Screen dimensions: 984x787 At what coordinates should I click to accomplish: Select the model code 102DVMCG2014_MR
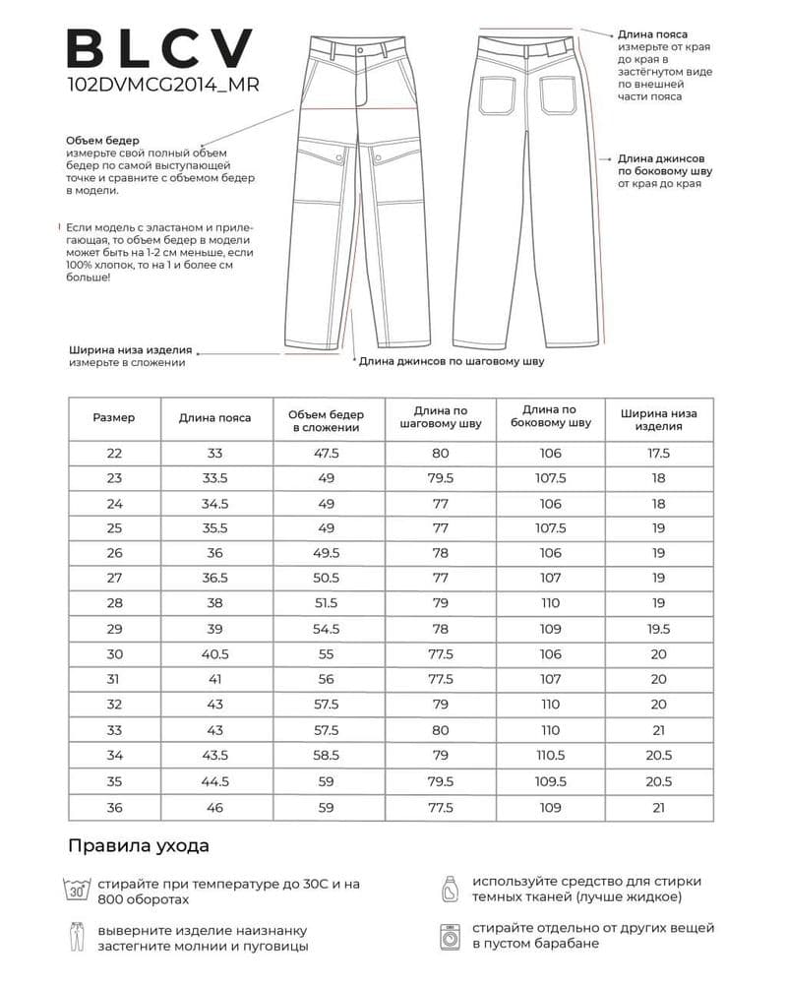[x=162, y=86]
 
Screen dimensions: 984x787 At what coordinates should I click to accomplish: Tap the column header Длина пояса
[x=214, y=417]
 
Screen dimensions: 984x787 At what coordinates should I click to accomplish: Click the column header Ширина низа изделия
[x=658, y=419]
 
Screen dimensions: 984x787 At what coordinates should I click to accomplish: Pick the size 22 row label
[x=114, y=454]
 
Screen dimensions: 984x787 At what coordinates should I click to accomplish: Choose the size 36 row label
[x=114, y=808]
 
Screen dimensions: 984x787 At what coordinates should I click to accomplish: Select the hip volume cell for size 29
[x=327, y=629]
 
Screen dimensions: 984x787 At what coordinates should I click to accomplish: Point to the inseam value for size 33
[x=440, y=731]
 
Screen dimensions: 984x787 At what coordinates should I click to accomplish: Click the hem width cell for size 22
[x=658, y=454]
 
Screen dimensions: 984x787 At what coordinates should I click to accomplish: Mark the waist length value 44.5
[x=214, y=782]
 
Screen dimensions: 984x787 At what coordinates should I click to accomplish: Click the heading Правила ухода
[x=139, y=845]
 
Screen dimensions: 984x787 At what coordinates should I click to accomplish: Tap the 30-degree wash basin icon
[x=77, y=890]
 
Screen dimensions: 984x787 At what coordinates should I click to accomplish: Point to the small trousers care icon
[x=77, y=937]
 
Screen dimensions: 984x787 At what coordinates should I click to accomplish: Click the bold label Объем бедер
[x=102, y=141]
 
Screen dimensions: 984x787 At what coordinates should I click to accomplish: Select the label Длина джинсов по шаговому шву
[x=451, y=361]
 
